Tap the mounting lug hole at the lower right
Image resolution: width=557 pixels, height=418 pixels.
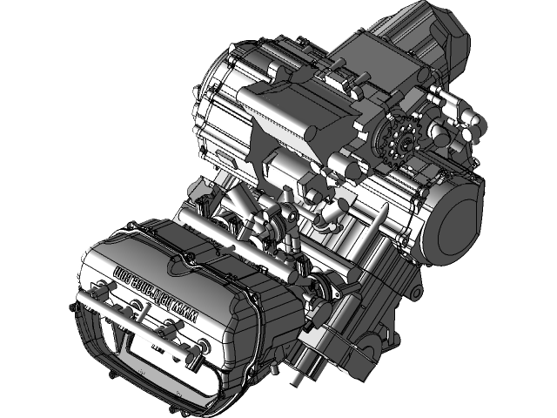(x=416, y=288)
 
